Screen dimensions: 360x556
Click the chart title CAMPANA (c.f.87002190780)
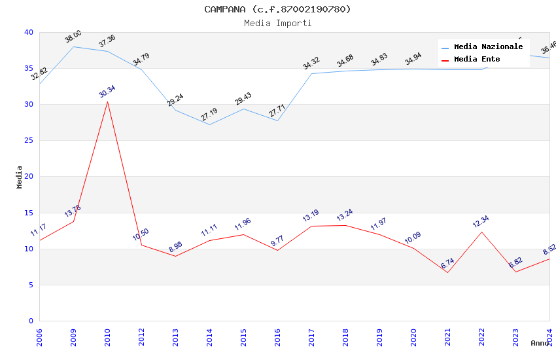277,9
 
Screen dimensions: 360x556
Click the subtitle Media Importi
277,23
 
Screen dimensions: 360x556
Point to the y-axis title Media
20,177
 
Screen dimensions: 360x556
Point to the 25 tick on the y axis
28,141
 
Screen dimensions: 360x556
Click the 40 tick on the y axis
28,33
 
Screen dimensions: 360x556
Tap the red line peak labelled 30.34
107,101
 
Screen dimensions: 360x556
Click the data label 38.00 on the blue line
73,37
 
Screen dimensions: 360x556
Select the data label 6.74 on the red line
447,264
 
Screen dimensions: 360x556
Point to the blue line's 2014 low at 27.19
209,124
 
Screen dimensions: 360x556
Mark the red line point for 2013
175,256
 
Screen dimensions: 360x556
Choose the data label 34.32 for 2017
311,63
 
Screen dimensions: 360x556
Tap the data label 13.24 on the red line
345,215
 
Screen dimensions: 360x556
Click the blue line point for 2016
277,120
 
